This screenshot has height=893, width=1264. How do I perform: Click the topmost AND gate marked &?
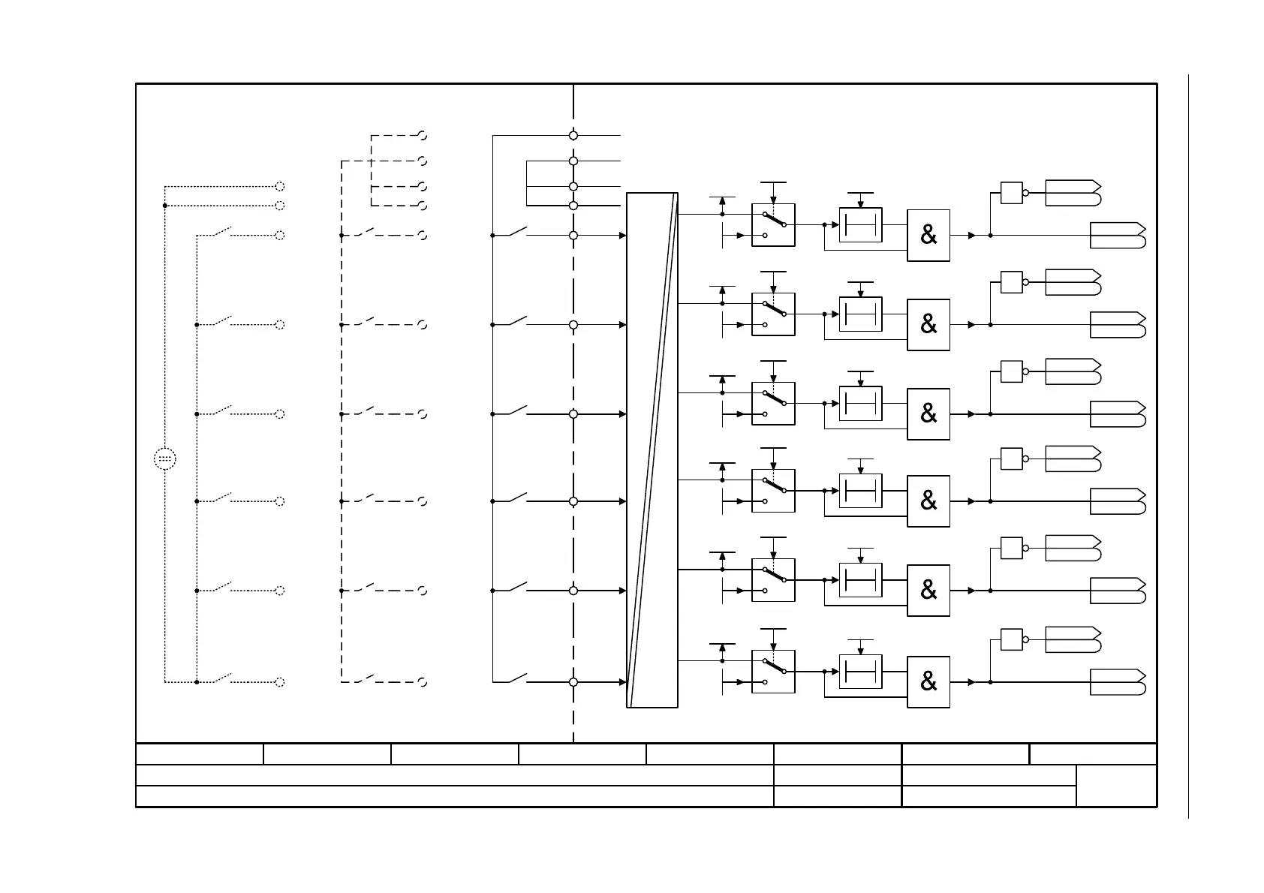928,236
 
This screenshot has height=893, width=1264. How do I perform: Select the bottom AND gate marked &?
928,681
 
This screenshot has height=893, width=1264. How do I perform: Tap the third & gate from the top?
928,413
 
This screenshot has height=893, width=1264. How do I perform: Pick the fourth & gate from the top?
928,501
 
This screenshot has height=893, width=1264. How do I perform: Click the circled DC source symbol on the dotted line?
165,459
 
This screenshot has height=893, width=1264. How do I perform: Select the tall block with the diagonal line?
652,450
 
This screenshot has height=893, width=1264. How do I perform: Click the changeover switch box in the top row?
773,225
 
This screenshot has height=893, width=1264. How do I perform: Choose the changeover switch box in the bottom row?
773,672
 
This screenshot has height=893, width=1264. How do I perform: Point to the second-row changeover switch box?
773,314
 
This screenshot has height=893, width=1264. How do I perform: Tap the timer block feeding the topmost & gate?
860,225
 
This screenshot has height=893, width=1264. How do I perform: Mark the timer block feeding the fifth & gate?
860,580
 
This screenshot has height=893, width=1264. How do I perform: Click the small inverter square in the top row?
1011,193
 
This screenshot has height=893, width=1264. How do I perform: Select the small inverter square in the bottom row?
1011,639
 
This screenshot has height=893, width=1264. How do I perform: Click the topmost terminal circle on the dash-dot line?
573,136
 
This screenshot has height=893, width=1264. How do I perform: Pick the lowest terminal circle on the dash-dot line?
573,682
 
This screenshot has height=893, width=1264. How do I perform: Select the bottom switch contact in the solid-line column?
519,679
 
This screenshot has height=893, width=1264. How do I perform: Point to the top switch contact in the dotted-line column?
223,232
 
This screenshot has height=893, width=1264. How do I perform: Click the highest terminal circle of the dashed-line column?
423,136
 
